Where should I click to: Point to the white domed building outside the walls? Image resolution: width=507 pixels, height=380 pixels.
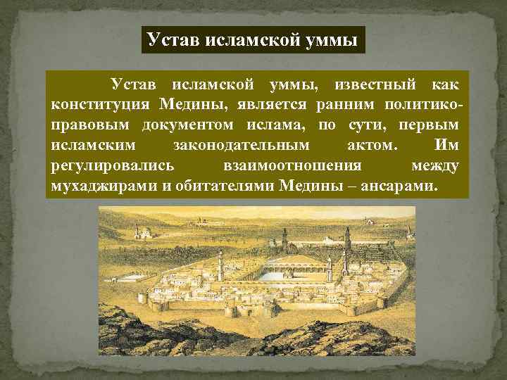(x=145, y=232)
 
